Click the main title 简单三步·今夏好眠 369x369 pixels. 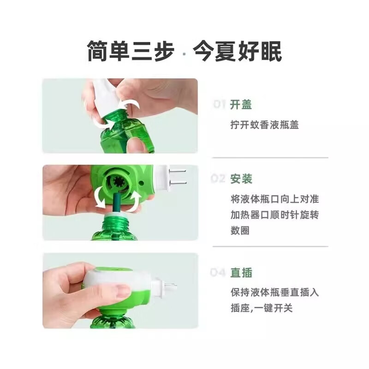click(x=184, y=51)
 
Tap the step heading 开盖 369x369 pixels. click(x=241, y=105)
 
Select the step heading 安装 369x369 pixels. click(x=241, y=179)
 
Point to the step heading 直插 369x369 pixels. click(x=241, y=273)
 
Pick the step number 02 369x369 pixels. click(x=219, y=179)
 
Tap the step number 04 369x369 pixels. click(x=219, y=273)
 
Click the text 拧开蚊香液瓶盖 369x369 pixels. click(x=264, y=125)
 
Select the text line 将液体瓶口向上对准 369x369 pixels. click(x=274, y=199)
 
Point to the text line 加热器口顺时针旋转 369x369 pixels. click(x=274, y=215)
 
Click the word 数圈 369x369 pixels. click(x=240, y=231)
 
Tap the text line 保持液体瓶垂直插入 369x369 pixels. click(x=274, y=292)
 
